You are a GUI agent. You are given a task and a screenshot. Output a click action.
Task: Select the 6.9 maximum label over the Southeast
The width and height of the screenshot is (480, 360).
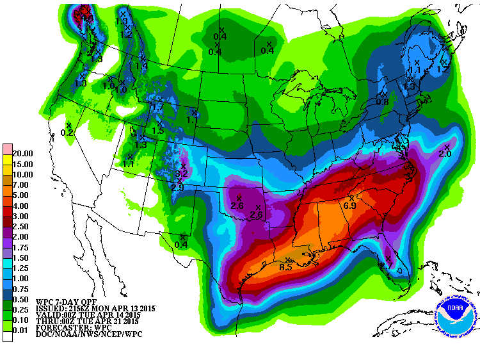[x=350, y=206]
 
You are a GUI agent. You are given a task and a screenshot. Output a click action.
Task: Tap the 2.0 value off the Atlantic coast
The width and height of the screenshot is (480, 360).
[x=445, y=154]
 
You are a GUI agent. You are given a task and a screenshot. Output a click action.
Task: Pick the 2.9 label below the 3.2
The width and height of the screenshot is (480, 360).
[x=178, y=187]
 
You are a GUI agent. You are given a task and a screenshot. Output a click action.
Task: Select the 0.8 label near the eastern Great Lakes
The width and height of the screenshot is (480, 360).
[x=382, y=102]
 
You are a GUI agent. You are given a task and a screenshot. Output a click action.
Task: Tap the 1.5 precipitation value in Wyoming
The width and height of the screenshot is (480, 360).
[x=158, y=131]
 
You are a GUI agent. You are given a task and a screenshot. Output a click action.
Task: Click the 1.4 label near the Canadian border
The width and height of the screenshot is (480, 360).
[x=141, y=65]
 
